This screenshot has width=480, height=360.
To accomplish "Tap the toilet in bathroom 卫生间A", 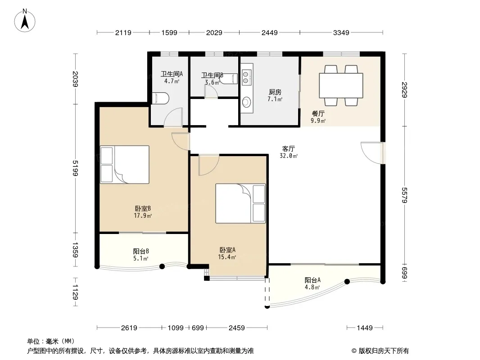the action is [160, 98].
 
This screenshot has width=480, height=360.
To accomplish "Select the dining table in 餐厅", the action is [341, 85].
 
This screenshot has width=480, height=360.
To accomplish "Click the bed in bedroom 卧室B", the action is [125, 165].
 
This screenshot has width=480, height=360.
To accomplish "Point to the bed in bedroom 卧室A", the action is [240, 203].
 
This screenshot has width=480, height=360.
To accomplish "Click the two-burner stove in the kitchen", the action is [245, 77].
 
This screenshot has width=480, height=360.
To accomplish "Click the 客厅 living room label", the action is [288, 148].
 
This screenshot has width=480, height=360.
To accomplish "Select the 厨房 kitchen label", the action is [275, 92].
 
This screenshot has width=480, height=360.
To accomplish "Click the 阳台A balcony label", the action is [312, 280].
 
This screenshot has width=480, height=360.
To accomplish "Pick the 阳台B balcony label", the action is [141, 251].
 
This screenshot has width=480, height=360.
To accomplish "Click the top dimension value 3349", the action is [341, 32].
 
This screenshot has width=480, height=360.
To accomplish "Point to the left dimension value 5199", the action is [75, 168].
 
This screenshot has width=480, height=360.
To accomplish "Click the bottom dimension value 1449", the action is [365, 328].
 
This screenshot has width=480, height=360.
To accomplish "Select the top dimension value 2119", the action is [123, 32].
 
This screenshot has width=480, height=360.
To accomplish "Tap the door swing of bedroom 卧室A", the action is [208, 165].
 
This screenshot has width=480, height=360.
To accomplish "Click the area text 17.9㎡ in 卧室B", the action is [143, 216].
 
